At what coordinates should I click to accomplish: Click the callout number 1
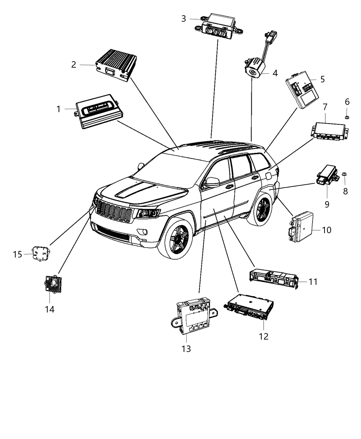pyautogui.click(x=58, y=109)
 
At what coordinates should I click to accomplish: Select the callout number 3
pyautogui.click(x=184, y=19)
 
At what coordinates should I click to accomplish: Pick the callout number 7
pyautogui.click(x=325, y=107)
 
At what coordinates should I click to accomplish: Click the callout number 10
pyautogui.click(x=327, y=230)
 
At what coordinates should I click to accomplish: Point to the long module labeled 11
pyautogui.click(x=273, y=279)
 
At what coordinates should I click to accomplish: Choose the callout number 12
pyautogui.click(x=263, y=336)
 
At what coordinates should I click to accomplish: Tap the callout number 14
pyautogui.click(x=50, y=309)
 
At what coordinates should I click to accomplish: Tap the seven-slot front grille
pyautogui.click(x=113, y=210)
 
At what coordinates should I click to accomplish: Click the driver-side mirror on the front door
pyautogui.click(x=212, y=182)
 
